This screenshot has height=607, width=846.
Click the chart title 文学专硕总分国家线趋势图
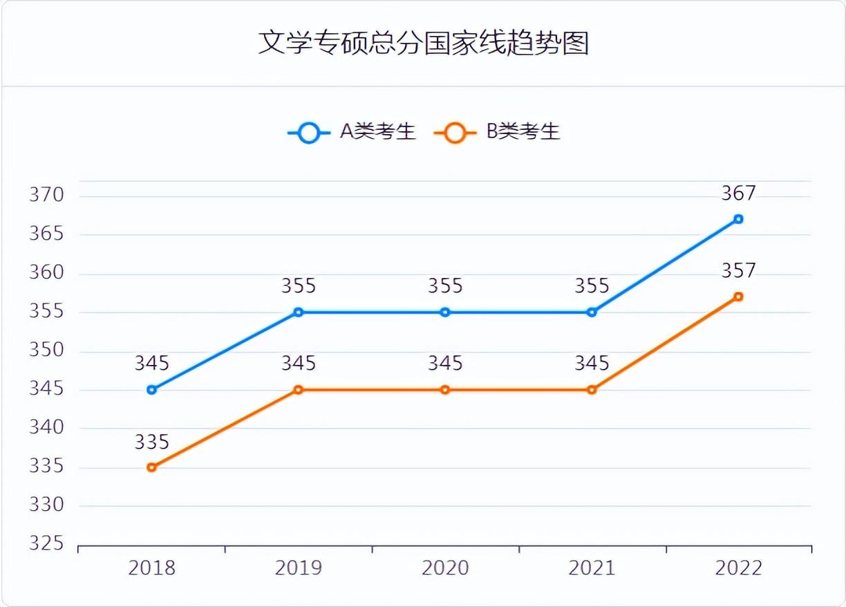(423, 43)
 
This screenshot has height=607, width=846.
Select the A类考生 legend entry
(352, 131)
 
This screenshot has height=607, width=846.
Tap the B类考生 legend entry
(498, 131)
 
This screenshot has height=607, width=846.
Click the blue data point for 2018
(152, 390)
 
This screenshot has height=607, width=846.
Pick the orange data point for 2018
(152, 467)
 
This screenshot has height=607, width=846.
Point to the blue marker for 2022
(738, 219)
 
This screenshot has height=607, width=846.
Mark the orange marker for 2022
(738, 297)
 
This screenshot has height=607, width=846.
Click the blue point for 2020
(445, 312)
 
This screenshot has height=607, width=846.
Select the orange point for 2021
(592, 390)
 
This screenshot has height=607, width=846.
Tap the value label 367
(738, 194)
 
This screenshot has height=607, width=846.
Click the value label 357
(738, 271)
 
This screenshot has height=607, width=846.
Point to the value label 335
(152, 442)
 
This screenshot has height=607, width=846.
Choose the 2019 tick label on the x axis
(299, 568)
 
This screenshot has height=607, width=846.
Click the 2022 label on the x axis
(738, 568)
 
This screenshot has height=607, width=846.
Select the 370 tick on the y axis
(46, 196)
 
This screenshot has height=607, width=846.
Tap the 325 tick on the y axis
(46, 544)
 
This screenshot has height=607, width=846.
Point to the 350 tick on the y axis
(46, 351)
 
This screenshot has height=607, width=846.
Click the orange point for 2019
(299, 390)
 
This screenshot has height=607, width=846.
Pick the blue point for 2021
(592, 312)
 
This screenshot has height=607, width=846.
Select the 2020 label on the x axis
(445, 568)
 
